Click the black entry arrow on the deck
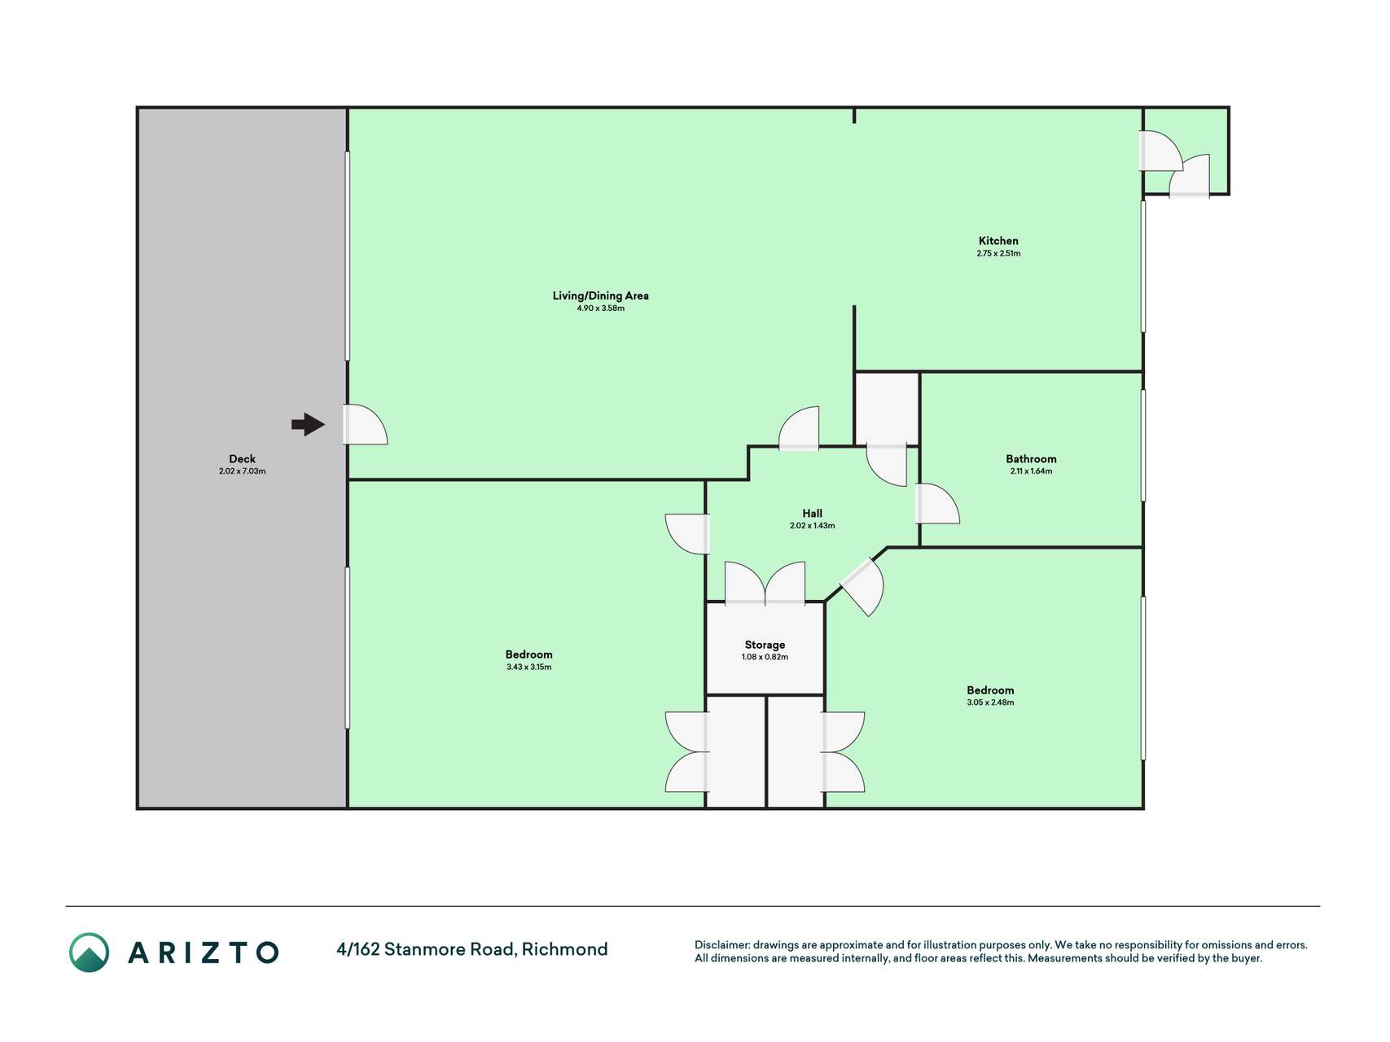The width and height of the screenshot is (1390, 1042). click(x=308, y=424)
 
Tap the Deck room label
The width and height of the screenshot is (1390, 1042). click(x=242, y=459)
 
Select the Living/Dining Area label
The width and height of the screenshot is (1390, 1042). click(x=601, y=296)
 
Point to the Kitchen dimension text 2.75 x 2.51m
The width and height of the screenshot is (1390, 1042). click(x=998, y=253)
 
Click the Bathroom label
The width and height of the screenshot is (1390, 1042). click(x=1031, y=459)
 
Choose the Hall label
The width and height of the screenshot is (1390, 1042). click(x=812, y=514)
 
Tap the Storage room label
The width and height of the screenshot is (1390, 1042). click(x=765, y=645)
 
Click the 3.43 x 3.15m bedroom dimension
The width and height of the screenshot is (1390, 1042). click(x=528, y=667)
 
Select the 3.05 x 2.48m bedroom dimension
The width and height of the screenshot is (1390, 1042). click(x=990, y=703)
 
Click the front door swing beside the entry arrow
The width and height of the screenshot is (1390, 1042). click(x=365, y=424)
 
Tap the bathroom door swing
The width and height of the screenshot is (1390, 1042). click(x=937, y=504)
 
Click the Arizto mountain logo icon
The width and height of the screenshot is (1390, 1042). click(x=89, y=952)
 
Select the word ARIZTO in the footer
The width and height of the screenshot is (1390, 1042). click(x=204, y=952)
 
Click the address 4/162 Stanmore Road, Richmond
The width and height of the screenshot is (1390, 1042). click(x=472, y=949)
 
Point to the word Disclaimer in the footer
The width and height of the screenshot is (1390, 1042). click(x=721, y=945)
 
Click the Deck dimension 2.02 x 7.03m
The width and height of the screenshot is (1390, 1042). click(x=242, y=471)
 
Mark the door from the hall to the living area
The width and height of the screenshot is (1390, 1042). click(x=799, y=428)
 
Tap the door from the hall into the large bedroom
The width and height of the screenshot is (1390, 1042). click(x=688, y=534)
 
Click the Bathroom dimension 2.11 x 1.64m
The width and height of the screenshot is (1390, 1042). click(x=1031, y=471)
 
